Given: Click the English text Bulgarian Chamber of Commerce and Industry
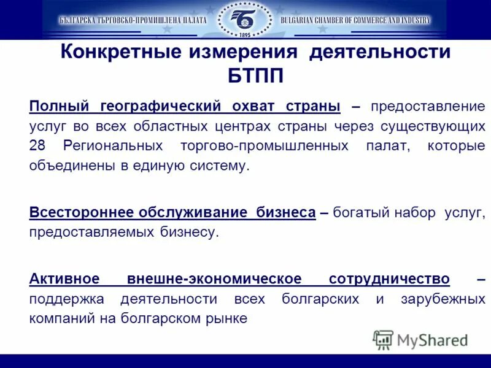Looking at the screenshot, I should pos(355,20).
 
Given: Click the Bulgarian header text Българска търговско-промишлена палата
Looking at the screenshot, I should pos(133,20).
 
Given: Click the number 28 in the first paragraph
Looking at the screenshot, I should pos(37,146).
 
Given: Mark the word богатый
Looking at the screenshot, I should pos(361,213).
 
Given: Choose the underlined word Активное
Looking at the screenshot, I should pos(64,279).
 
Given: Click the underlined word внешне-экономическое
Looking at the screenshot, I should pos(214,279).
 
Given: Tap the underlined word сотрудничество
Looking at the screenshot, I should pos(389,279).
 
